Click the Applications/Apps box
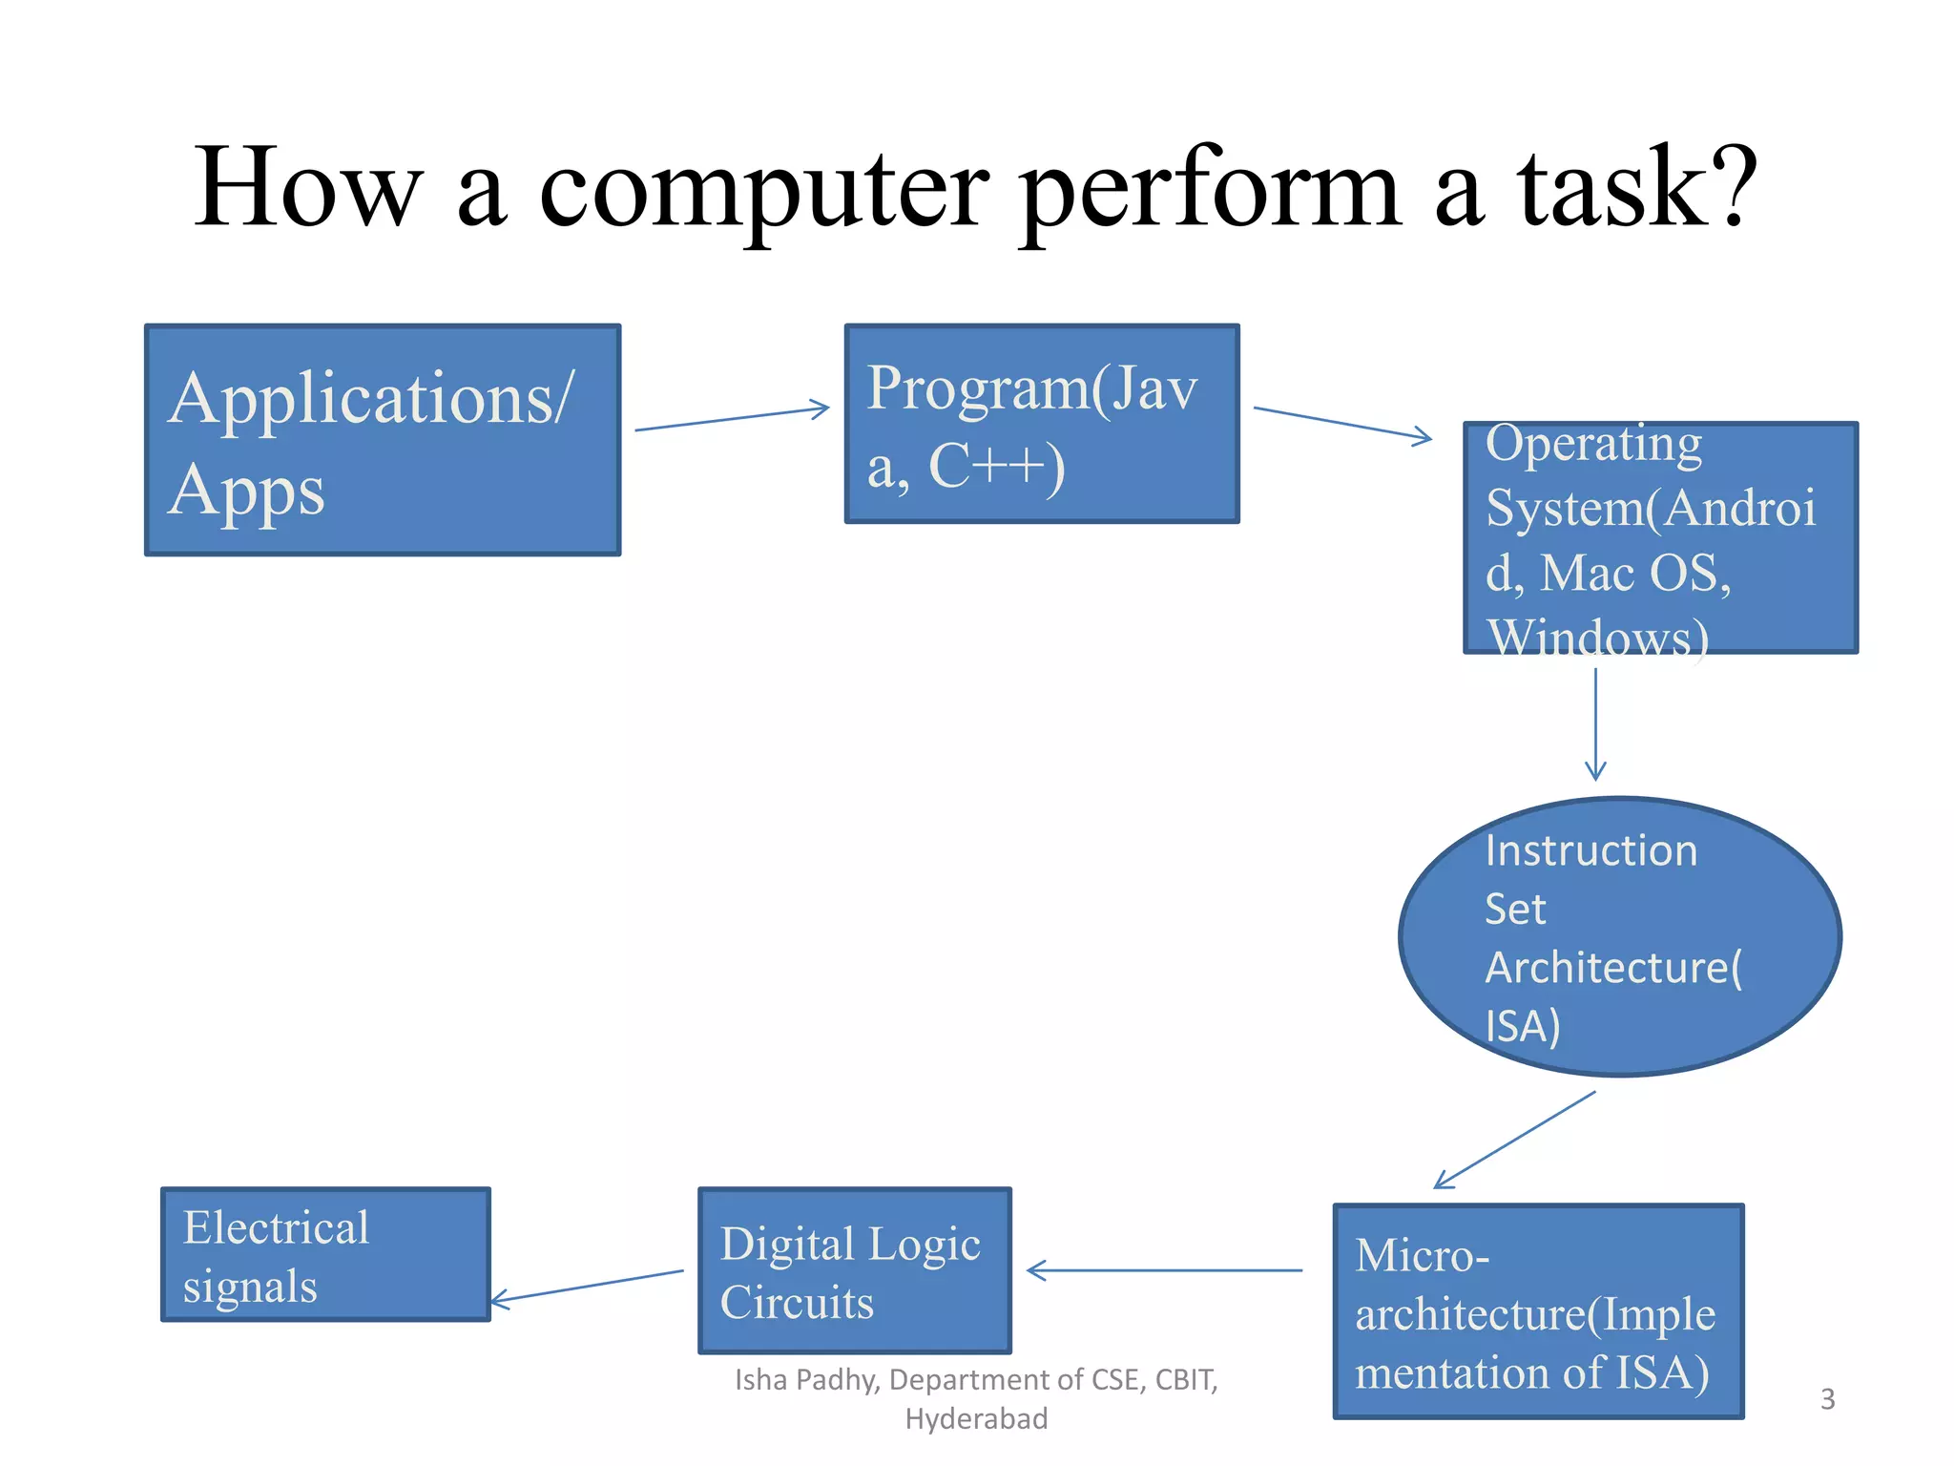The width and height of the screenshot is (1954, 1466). click(383, 440)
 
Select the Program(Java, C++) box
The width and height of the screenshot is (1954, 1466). click(1041, 424)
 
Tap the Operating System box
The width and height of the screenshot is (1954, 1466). click(1660, 537)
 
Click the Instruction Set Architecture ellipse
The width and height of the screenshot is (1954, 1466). click(1619, 937)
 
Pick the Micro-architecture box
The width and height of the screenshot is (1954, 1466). click(1538, 1311)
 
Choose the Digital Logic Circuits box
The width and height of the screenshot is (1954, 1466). click(854, 1270)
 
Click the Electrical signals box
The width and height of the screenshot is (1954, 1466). click(325, 1254)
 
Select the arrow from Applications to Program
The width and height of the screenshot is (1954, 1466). click(732, 419)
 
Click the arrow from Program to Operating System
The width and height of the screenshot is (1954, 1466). click(1341, 423)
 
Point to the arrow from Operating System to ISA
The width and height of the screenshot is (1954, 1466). click(1595, 723)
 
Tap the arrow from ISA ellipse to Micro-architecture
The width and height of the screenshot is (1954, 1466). click(1515, 1140)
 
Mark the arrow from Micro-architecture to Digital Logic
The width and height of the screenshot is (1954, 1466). click(1164, 1270)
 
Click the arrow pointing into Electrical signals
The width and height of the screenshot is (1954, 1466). click(587, 1286)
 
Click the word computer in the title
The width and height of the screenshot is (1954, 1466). click(763, 188)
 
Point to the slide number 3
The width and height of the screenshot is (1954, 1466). click(1827, 1399)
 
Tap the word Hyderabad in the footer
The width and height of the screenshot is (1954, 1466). click(976, 1419)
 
